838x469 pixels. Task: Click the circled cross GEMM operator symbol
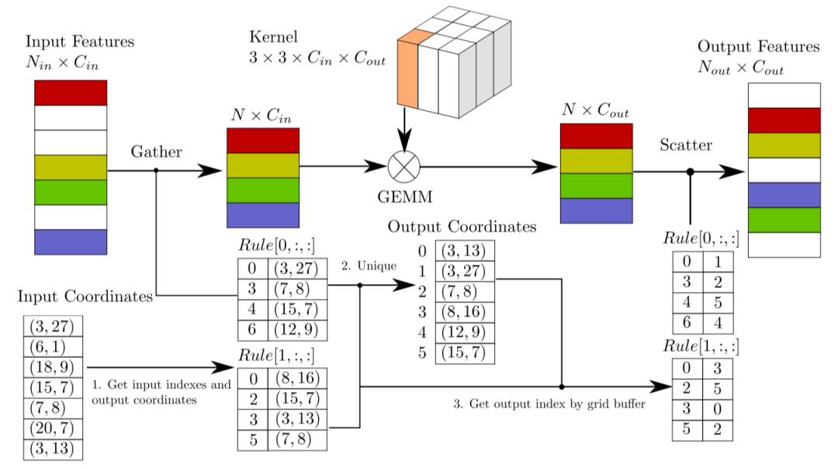tap(404, 167)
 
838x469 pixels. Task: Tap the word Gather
tap(156, 152)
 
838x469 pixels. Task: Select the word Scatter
tap(686, 145)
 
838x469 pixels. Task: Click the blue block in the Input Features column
tap(71, 241)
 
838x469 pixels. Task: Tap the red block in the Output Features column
tap(784, 120)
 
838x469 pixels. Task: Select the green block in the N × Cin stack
tap(263, 190)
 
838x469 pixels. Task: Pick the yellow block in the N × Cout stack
tap(597, 161)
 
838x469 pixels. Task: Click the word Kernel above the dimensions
tap(273, 36)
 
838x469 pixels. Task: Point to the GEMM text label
tap(404, 197)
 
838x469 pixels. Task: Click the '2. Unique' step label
tap(369, 266)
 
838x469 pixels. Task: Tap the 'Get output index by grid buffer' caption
tap(549, 404)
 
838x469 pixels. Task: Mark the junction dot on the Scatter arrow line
tap(691, 172)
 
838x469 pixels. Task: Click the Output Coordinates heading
tap(462, 227)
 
